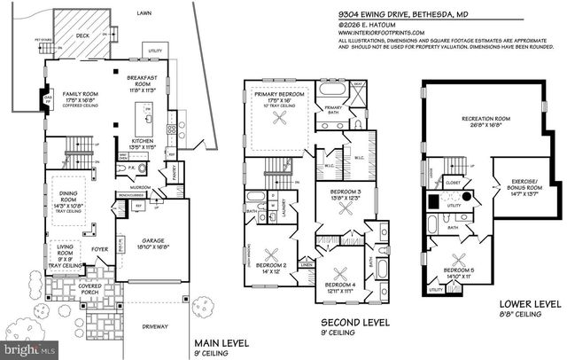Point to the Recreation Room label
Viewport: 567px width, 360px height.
point(484,121)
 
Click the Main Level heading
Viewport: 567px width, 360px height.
point(221,344)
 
